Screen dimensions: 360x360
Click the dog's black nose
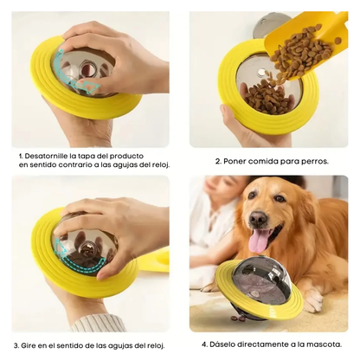tap(258, 218)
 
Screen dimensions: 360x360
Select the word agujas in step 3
tap(117, 345)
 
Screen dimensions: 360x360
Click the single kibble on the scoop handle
tap(337, 41)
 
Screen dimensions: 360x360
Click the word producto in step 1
tap(127, 157)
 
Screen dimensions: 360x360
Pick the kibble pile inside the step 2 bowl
tap(267, 98)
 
